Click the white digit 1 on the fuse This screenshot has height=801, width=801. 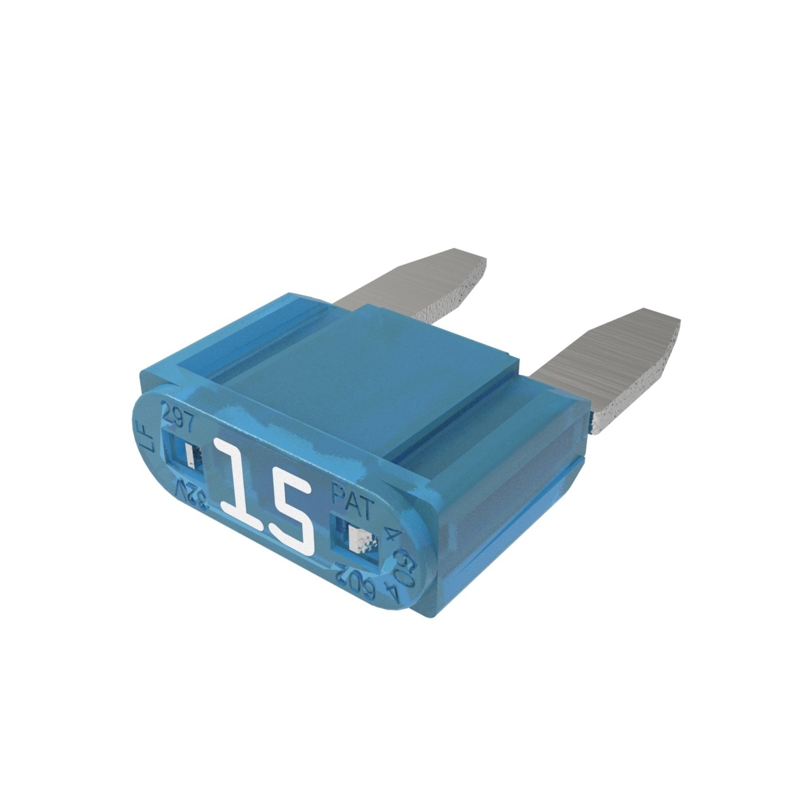pos(238,481)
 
